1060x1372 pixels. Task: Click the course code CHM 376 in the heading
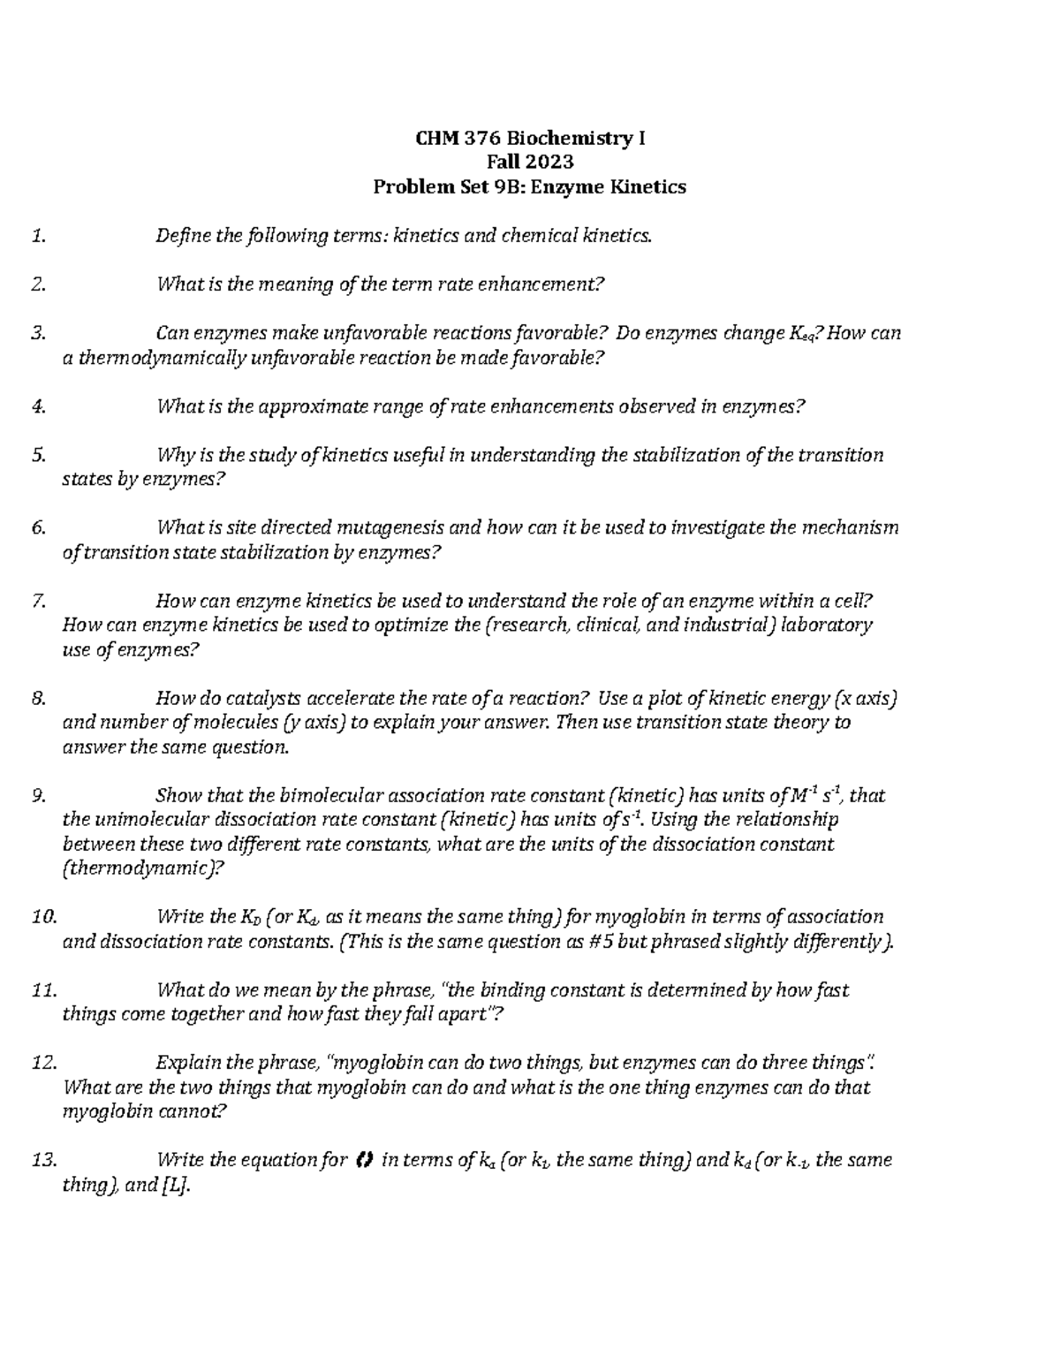click(450, 138)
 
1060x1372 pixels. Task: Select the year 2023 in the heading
click(549, 162)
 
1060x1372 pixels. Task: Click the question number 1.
click(36, 236)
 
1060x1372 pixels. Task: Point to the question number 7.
click(36, 602)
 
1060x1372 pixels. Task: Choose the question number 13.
click(42, 1160)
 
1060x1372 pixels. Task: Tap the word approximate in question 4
click(315, 406)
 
